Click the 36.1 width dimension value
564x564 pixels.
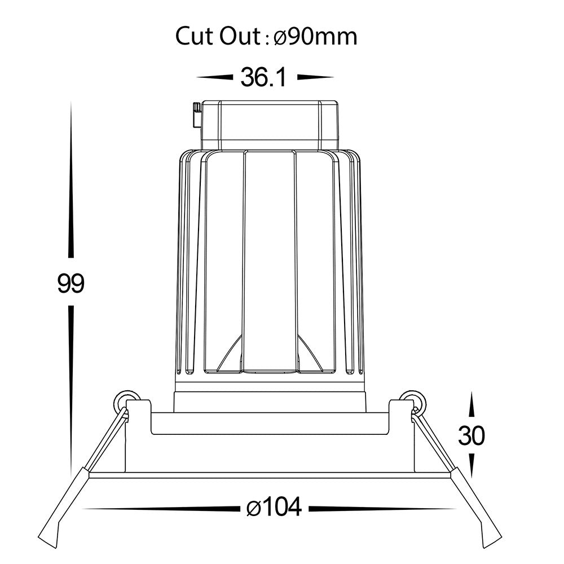(263, 77)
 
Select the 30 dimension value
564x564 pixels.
(471, 435)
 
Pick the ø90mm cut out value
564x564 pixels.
(316, 37)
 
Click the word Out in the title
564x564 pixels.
(240, 36)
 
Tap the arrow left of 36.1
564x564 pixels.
(214, 77)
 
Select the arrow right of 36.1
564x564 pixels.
(315, 77)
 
